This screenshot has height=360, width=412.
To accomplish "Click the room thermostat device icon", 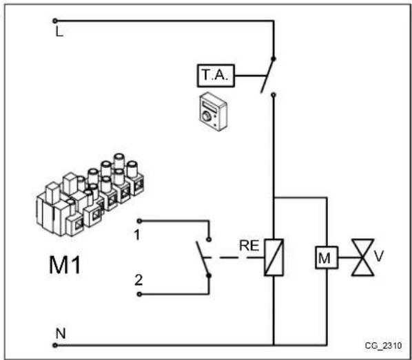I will [x=209, y=109].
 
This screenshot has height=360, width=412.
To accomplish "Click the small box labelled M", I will [x=323, y=259].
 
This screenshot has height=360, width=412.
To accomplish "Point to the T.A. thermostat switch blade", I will [x=267, y=76].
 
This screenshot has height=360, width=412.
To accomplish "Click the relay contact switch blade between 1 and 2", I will [x=202, y=260].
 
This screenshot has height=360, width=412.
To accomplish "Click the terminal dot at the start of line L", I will [x=54, y=21].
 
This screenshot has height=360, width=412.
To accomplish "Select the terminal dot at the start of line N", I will [x=54, y=343].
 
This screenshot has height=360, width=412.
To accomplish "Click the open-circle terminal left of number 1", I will [x=138, y=221].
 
